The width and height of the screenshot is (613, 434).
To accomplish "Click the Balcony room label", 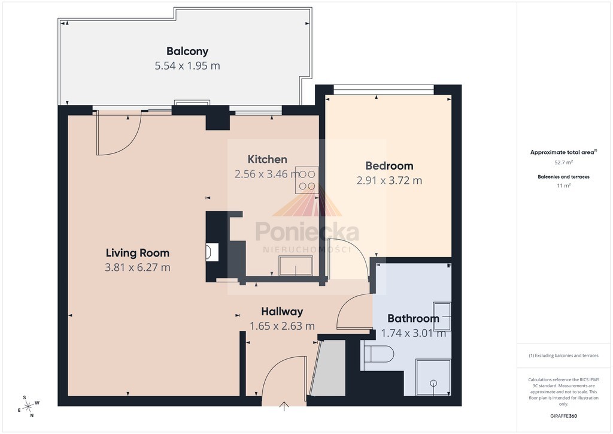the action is pos(187,52).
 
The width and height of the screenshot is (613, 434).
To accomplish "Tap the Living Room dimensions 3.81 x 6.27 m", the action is pos(137,267).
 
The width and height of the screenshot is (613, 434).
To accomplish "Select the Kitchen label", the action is pos(268,159).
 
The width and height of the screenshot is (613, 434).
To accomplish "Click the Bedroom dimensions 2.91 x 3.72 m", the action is pos(389,180).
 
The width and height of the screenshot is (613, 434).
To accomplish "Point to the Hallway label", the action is pos(282,312).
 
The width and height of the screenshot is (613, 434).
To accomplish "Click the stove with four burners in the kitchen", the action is pos(307,180).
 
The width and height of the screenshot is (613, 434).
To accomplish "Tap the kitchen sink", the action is pos(296,266).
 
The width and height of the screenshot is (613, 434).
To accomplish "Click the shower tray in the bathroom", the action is pos(433,377).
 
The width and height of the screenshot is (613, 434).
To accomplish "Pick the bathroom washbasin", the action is pos(442,316).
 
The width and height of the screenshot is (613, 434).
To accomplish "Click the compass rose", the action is pos(29,406).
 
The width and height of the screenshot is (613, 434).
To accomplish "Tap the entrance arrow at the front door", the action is pos(284,406).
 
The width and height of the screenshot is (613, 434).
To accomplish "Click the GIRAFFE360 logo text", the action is pos(563,416).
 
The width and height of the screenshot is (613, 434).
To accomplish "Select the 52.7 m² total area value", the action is pos(563,162).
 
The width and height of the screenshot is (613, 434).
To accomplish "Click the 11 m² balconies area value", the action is pos(563,185).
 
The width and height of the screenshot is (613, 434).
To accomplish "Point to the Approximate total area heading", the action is pos(563,152).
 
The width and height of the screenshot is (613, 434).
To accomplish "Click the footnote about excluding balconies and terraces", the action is pos(563,355).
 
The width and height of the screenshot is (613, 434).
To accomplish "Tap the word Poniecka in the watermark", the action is pos(307,231).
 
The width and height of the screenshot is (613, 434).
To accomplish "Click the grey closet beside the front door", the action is pos(329,368).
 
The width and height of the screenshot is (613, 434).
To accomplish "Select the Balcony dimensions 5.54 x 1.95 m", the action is pos(187,66).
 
